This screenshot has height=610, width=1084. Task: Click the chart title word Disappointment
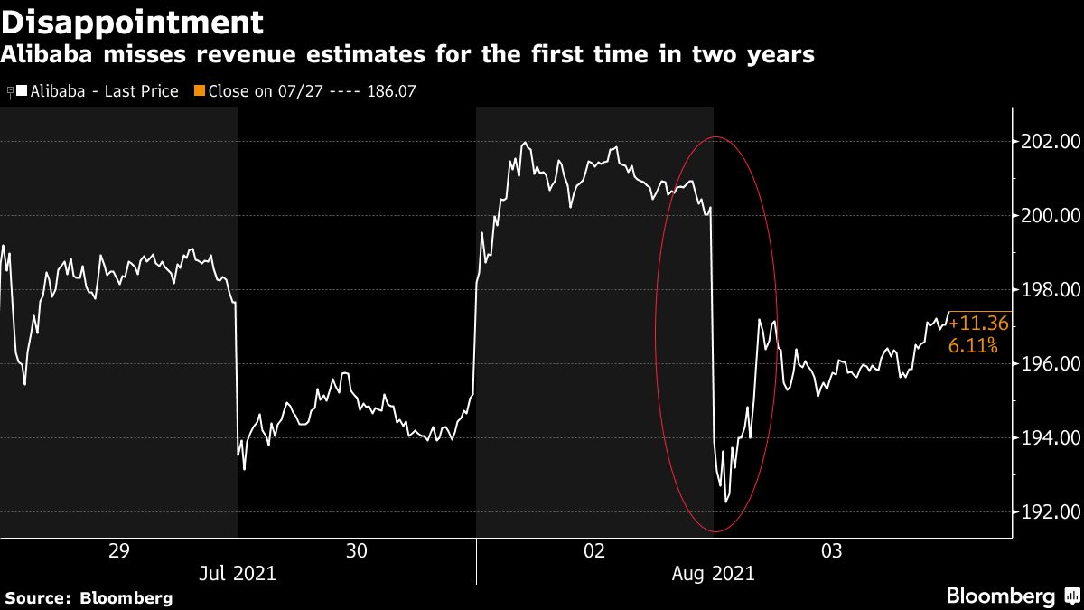(133, 22)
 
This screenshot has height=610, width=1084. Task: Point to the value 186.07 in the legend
(391, 91)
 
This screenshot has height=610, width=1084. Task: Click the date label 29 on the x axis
(118, 550)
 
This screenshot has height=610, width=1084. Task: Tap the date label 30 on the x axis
(357, 550)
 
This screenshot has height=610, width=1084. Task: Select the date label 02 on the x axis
(594, 550)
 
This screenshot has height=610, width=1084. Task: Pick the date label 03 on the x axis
(832, 550)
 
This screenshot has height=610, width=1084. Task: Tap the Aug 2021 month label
(715, 573)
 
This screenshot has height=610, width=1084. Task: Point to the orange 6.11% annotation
(973, 345)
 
